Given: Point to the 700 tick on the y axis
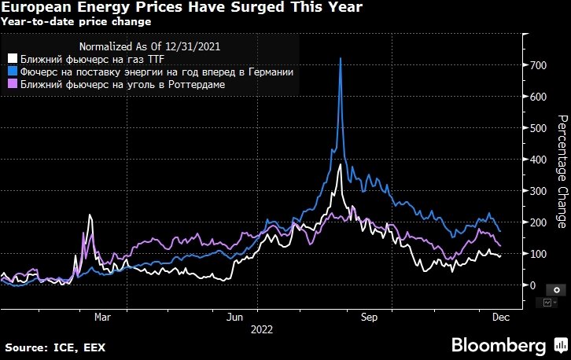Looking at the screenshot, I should tap(537, 65).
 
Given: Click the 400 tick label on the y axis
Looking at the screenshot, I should tap(537, 160).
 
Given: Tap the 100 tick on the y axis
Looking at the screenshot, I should tap(537, 254).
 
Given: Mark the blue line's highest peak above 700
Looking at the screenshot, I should tap(340, 59).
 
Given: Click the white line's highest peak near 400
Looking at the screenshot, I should tap(339, 165).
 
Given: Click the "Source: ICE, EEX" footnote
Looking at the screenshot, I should tap(55, 346).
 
